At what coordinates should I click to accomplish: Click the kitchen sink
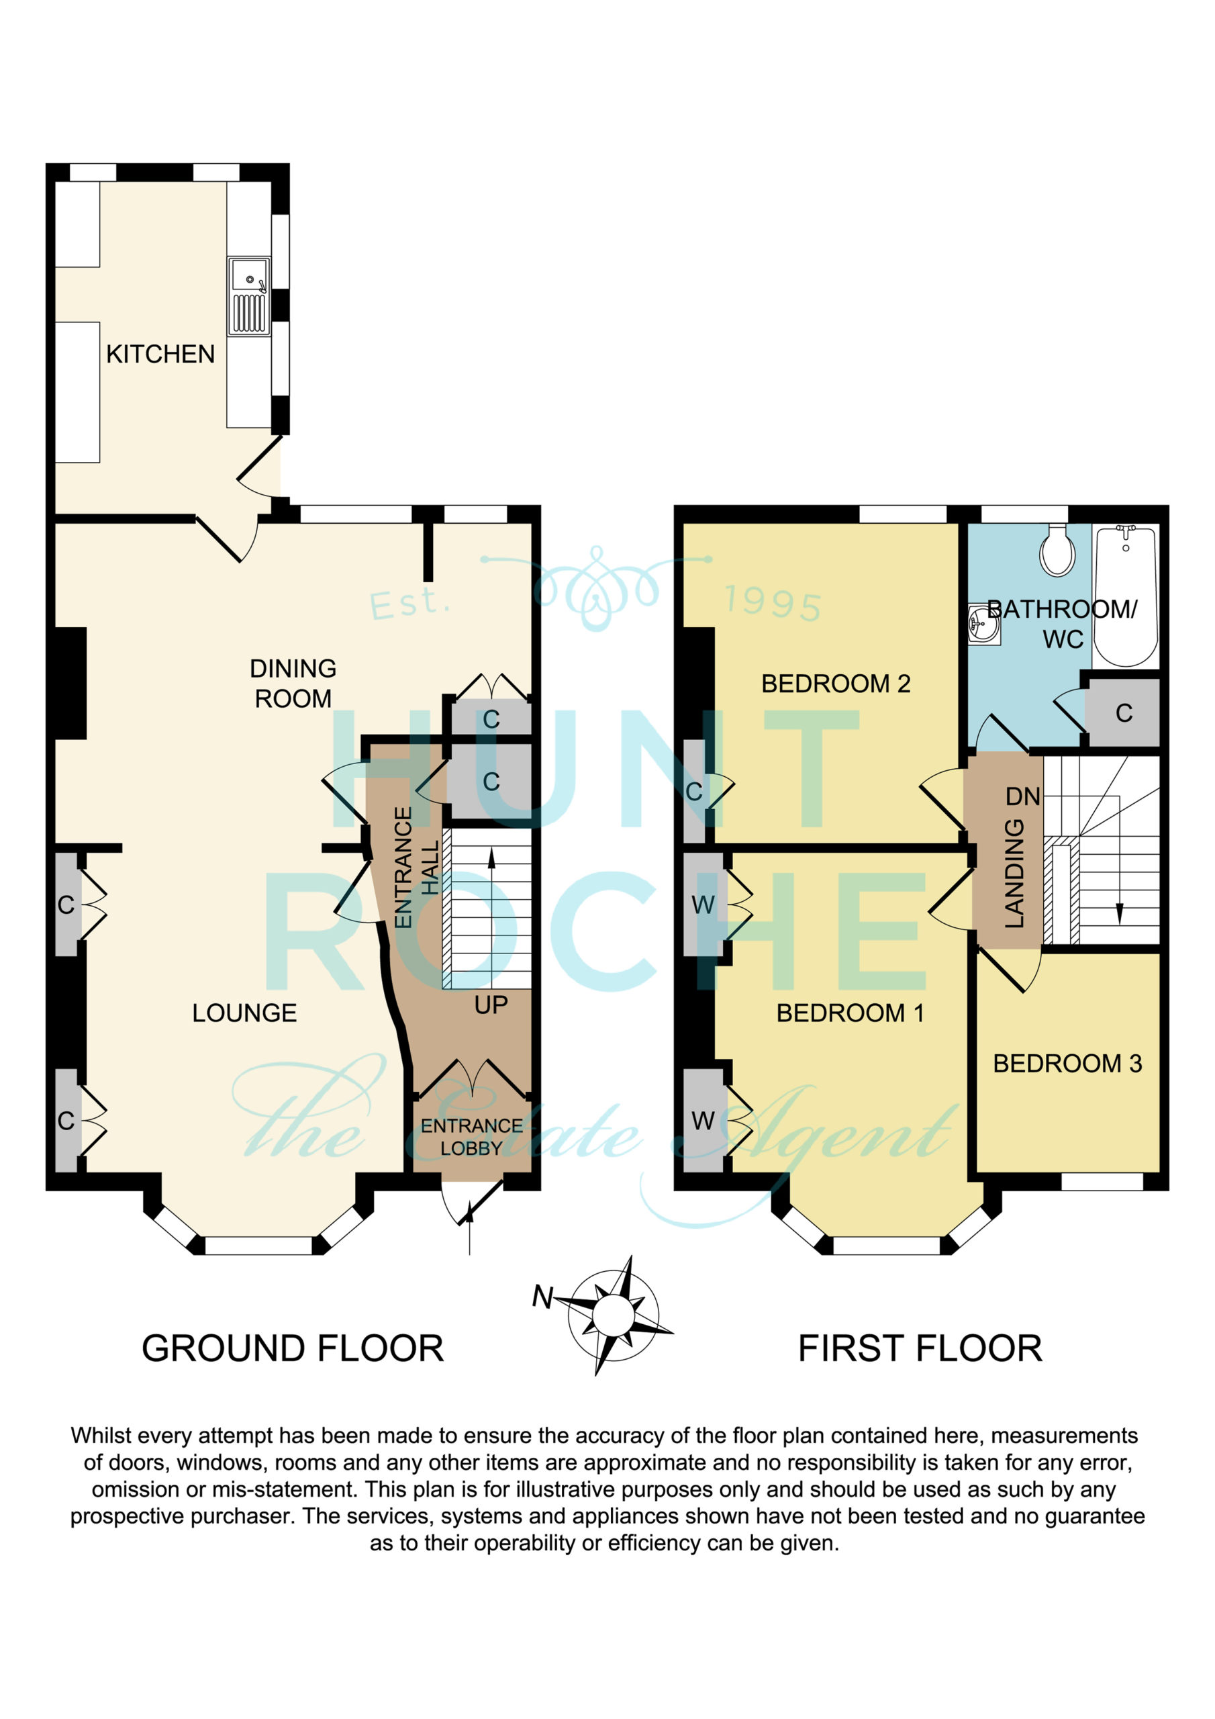click(249, 297)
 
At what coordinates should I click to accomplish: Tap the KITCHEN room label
click(160, 354)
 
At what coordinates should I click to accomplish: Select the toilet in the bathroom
click(1057, 549)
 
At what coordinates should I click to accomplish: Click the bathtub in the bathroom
click(1126, 595)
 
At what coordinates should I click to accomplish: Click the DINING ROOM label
click(293, 683)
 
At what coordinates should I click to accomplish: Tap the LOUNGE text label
click(244, 1013)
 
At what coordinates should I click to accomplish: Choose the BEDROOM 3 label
click(1067, 1063)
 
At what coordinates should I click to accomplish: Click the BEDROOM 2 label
click(836, 684)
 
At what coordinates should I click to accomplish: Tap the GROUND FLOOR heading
click(293, 1348)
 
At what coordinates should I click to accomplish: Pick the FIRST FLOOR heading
click(920, 1348)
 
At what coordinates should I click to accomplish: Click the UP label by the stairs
click(491, 1005)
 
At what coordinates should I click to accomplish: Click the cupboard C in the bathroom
click(1124, 712)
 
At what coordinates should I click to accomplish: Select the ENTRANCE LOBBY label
click(472, 1137)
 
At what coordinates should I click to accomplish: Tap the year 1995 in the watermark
click(773, 602)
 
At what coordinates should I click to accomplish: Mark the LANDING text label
click(1014, 873)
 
